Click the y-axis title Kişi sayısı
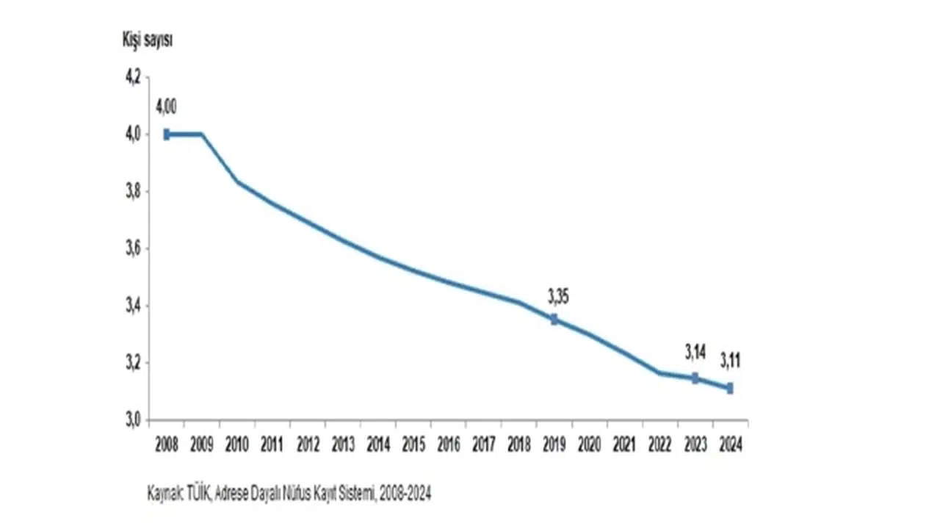148,40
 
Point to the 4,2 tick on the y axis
132,78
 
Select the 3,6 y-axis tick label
132,249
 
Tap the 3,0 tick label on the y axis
132,420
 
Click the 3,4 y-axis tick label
132,306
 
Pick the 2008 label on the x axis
167,445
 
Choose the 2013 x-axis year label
343,445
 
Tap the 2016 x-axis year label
449,445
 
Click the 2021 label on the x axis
625,445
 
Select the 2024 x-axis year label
731,445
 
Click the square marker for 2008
167,134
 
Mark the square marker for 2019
554,320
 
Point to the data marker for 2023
695,378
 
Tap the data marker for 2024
730,389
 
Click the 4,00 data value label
166,107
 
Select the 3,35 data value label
558,297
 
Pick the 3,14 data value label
695,352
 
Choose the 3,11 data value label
731,361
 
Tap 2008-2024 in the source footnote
405,494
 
